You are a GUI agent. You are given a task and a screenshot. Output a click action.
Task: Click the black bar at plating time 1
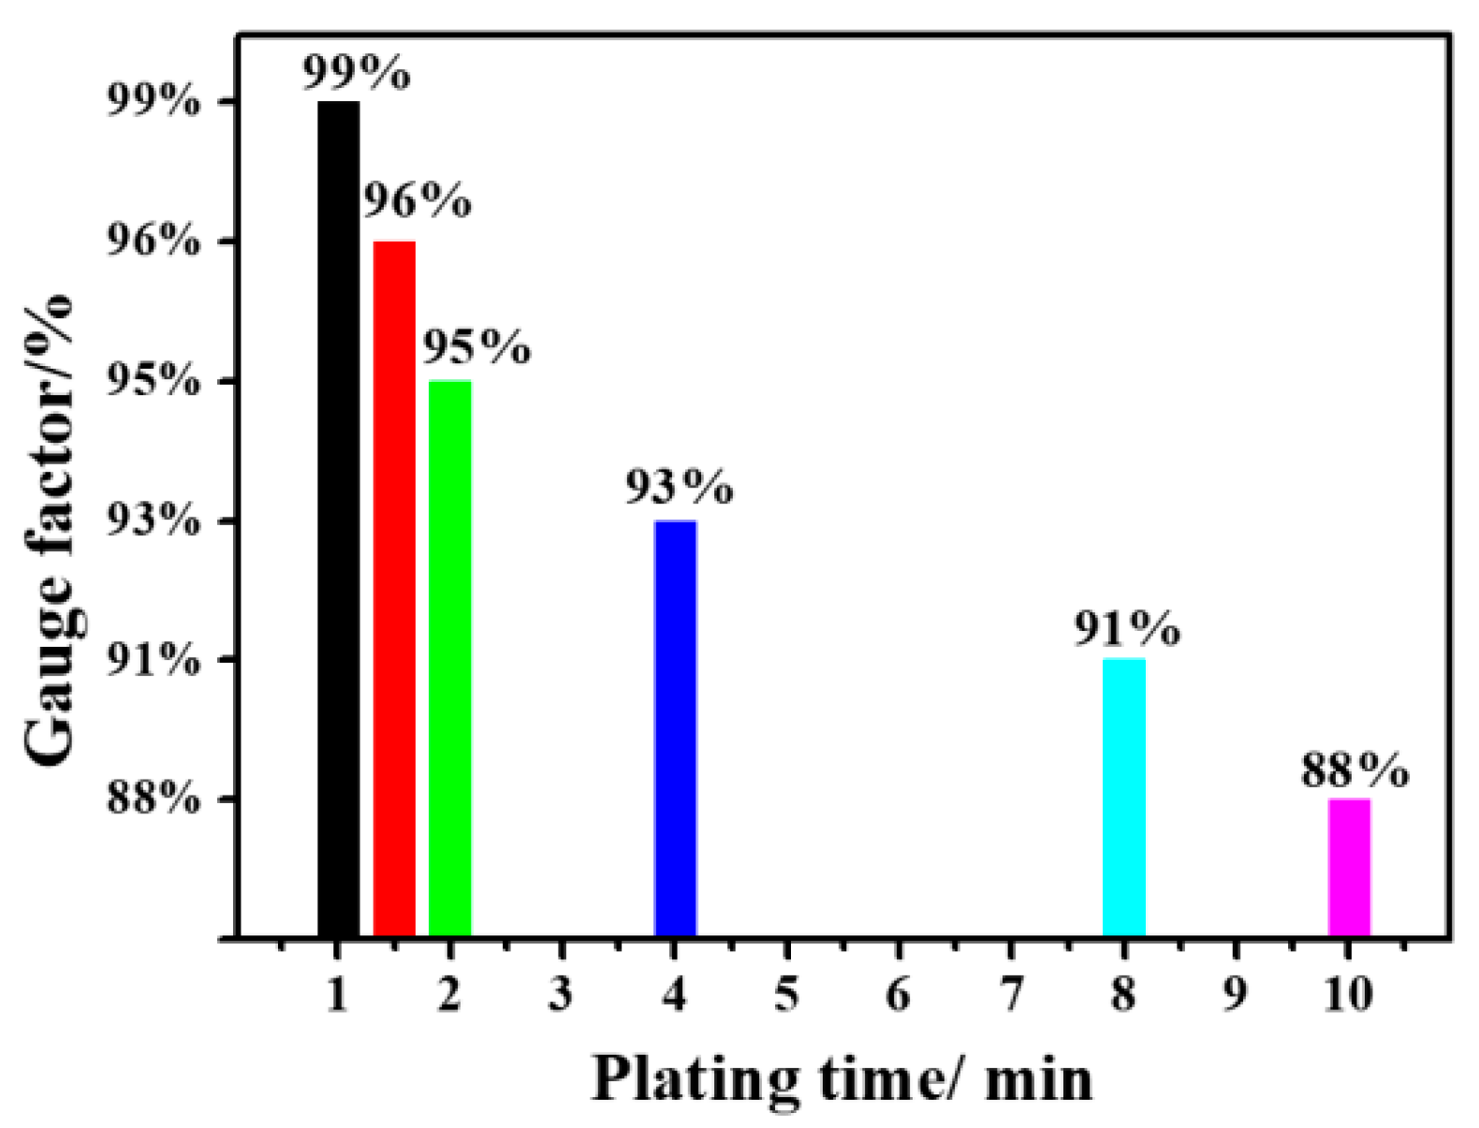click(338, 520)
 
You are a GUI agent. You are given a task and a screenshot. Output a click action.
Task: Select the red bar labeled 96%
click(394, 590)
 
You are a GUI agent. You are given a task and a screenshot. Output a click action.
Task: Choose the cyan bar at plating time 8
click(1123, 798)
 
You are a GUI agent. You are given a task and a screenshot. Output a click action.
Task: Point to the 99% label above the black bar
click(356, 73)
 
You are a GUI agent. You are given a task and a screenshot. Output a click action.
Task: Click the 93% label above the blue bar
click(679, 487)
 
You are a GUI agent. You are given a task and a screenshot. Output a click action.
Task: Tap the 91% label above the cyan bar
click(1126, 628)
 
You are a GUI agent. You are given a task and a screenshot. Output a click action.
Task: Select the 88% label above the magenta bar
click(1354, 770)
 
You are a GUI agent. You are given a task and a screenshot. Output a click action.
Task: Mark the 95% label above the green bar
click(476, 346)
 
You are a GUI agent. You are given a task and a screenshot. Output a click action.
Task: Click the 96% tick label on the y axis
click(154, 242)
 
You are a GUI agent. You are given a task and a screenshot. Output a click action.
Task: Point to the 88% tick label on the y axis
click(154, 799)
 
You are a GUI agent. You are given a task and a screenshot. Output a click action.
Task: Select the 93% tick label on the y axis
click(154, 520)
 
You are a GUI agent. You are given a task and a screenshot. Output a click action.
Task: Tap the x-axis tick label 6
click(899, 993)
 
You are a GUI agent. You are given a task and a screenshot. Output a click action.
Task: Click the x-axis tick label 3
click(561, 993)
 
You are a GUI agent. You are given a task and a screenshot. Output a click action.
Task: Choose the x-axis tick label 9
click(1236, 993)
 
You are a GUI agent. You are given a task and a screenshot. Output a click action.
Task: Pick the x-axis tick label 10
click(1348, 993)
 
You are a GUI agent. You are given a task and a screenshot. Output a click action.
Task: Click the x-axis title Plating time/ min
click(841, 1078)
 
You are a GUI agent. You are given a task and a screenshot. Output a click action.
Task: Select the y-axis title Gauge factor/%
click(49, 529)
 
